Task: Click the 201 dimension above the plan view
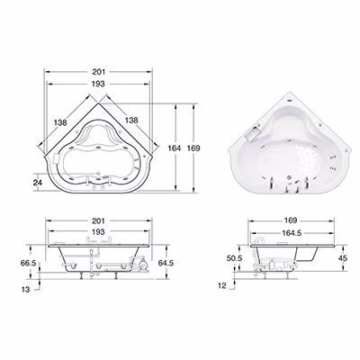pyautogui.click(x=98, y=72)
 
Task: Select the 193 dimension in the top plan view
pyautogui.click(x=98, y=84)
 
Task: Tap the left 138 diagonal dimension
pyautogui.click(x=60, y=122)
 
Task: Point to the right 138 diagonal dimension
pyautogui.click(x=131, y=121)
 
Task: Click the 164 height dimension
pyautogui.click(x=175, y=148)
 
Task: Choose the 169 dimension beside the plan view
pyautogui.click(x=193, y=148)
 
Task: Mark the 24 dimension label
pyautogui.click(x=38, y=182)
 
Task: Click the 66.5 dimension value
pyautogui.click(x=28, y=263)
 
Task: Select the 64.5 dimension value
pyautogui.click(x=166, y=263)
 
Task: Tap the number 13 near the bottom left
pyautogui.click(x=26, y=290)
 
